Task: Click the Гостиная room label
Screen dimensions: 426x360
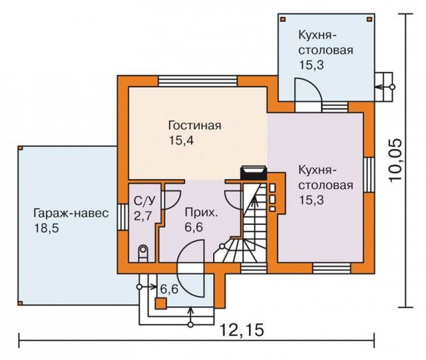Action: (195, 126)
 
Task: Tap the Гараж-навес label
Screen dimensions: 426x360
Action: (71, 213)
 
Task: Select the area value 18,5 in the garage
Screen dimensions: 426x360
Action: (46, 228)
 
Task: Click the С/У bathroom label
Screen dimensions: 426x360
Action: (145, 201)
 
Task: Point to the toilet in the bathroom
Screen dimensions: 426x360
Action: (143, 253)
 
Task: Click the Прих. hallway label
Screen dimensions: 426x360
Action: (201, 213)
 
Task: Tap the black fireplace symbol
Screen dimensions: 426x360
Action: (253, 173)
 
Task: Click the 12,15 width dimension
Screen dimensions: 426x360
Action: (242, 330)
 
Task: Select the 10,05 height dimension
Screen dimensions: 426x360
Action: (395, 160)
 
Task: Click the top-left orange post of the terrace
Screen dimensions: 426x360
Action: (283, 19)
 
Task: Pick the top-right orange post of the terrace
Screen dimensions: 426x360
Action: (369, 19)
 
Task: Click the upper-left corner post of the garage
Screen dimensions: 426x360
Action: (20, 148)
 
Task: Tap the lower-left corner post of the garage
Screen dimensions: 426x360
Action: (20, 303)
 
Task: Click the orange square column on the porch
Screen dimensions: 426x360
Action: (161, 303)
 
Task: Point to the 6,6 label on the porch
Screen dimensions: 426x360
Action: (169, 289)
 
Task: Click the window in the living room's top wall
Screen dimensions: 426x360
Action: (198, 81)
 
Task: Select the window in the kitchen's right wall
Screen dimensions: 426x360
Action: (369, 174)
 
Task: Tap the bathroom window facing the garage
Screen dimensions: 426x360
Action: (123, 217)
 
